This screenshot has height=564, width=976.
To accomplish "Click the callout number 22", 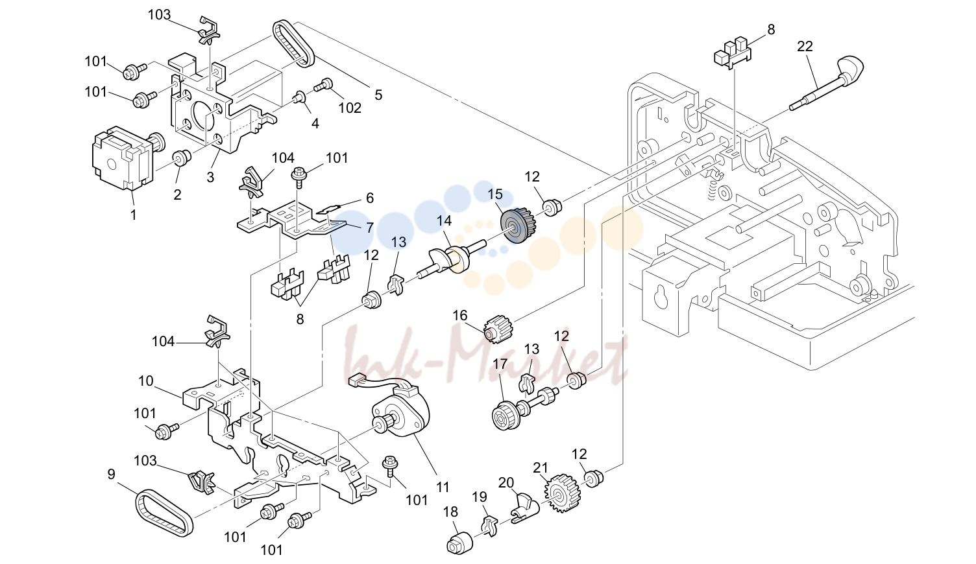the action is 805,46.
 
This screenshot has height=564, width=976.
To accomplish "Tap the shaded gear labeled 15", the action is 518,225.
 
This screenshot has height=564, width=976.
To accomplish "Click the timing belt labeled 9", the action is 164,512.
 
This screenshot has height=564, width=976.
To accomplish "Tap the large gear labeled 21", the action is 562,493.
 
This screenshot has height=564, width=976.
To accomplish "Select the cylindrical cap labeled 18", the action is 459,543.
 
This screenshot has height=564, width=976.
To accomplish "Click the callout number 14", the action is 444,220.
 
